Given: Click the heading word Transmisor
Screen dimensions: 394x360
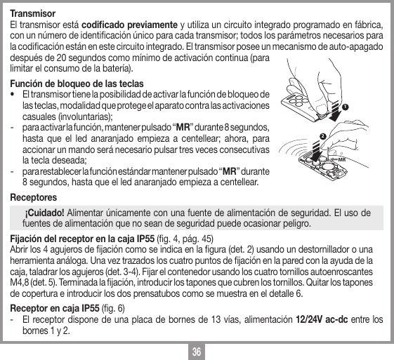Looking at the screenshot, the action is [32, 13].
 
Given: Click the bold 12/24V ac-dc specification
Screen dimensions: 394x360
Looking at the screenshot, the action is [334, 320].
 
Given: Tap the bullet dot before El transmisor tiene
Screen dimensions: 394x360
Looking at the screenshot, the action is [11, 94].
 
